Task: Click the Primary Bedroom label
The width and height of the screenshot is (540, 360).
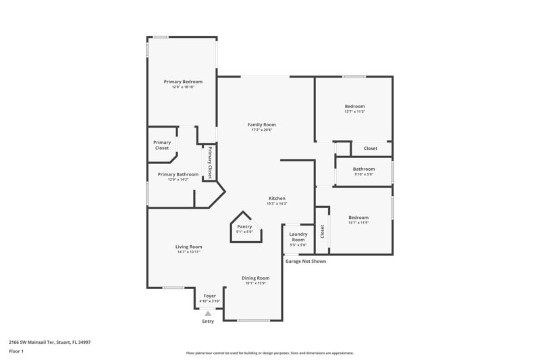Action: tap(183, 82)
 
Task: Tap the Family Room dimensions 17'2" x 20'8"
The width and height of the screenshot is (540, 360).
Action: tap(261, 130)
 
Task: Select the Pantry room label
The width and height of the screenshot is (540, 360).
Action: tap(244, 227)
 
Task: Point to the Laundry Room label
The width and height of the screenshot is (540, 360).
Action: tap(298, 236)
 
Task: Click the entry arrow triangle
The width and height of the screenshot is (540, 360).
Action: tap(208, 313)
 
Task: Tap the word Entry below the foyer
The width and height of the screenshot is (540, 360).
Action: tap(208, 321)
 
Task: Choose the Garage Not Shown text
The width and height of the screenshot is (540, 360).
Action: tap(306, 261)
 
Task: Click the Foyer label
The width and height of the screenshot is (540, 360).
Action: tap(210, 296)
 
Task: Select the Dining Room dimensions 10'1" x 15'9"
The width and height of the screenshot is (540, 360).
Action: tap(256, 283)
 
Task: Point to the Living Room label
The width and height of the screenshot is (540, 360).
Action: tap(189, 247)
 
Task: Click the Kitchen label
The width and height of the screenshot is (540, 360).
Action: tap(277, 198)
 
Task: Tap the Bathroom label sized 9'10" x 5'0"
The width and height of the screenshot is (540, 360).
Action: tap(364, 169)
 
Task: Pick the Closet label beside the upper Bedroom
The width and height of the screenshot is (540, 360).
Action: tap(371, 148)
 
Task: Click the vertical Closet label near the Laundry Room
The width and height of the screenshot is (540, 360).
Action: tap(323, 232)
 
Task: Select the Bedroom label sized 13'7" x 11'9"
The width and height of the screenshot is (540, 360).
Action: tap(358, 217)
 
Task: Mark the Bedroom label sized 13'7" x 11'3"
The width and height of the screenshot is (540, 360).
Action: tap(355, 106)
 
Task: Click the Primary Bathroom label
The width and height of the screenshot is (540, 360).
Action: tap(178, 174)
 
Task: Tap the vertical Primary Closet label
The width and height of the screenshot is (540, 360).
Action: tap(210, 163)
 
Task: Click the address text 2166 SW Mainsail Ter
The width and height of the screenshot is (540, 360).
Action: tap(32, 342)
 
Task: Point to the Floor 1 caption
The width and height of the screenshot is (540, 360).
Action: tap(16, 351)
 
